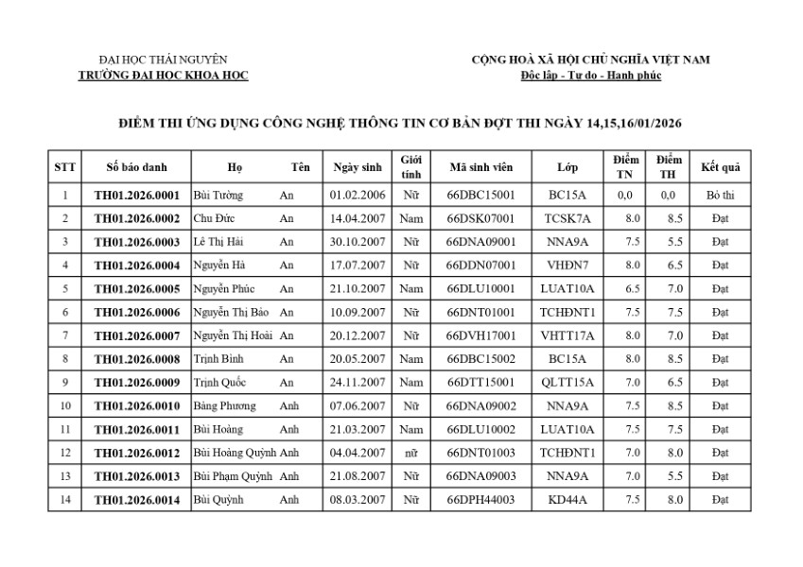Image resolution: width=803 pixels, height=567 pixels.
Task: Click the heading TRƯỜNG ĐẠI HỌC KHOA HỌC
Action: [x=164, y=76]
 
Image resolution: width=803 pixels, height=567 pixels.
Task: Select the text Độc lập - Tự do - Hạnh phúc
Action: [x=590, y=76]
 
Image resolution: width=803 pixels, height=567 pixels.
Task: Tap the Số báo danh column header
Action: [x=136, y=167]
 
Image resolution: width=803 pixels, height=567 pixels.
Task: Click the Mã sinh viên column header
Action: [x=480, y=167]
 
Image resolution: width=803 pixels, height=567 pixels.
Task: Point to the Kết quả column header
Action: [x=720, y=167]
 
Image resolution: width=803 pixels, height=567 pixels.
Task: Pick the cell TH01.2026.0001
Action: [x=136, y=196]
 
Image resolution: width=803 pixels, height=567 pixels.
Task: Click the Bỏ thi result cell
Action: [x=720, y=196]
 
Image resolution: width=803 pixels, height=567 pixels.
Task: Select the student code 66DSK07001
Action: [x=480, y=218]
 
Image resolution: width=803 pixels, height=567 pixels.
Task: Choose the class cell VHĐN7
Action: [x=567, y=266]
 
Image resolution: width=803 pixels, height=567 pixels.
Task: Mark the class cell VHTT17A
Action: [x=567, y=335]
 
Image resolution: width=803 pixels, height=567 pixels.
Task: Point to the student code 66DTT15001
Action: [x=480, y=383]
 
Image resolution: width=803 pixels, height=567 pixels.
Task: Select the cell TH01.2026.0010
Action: [x=136, y=406]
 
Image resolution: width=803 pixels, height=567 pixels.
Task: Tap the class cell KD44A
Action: [x=567, y=499]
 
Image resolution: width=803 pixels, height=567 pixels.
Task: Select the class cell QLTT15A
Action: [x=567, y=383]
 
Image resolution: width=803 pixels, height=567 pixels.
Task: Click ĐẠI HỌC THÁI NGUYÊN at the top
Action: [x=163, y=60]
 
